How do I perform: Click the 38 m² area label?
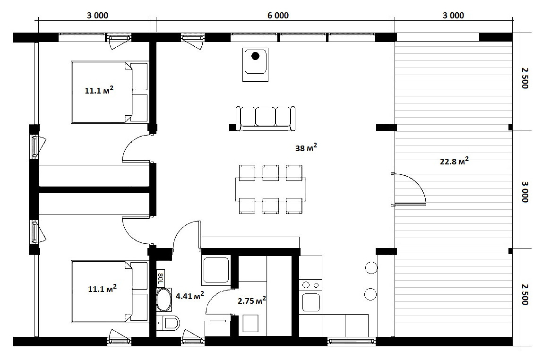pos(306,148)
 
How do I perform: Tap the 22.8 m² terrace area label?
pos(454,161)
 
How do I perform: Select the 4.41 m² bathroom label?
pos(190,296)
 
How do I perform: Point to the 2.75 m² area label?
pos(252,300)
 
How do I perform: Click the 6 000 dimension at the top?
pos(278,16)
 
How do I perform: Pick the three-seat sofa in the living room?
pos(266,119)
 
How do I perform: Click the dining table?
pos(270,189)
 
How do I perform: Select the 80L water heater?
pos(161,278)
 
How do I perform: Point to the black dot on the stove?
pos(255,56)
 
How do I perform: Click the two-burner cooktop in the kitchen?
pos(310,285)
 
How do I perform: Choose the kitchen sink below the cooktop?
pos(310,302)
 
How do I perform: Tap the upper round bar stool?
pos(371,268)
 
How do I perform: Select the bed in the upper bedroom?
pos(110,92)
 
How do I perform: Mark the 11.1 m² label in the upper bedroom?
pos(99,91)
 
